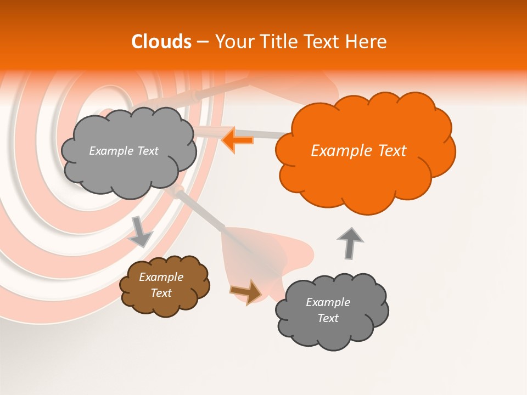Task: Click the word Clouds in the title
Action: point(161,42)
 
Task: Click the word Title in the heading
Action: point(277,42)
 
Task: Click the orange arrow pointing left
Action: point(238,140)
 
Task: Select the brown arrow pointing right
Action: point(246,291)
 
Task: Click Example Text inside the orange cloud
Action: point(358,151)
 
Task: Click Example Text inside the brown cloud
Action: point(161,285)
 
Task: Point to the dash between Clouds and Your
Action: point(203,42)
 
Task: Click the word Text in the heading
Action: point(322,42)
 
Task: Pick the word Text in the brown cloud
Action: point(161,293)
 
